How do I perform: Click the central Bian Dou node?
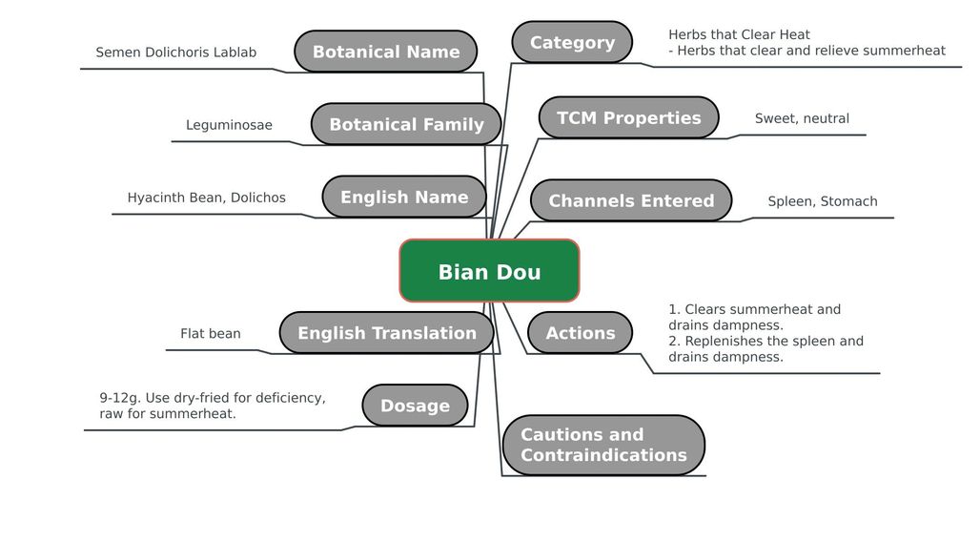click(x=489, y=271)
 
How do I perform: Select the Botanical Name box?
click(x=385, y=52)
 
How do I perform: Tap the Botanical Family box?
click(x=406, y=124)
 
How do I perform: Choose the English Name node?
click(x=404, y=197)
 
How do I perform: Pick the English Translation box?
click(x=386, y=332)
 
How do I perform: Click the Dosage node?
click(x=415, y=406)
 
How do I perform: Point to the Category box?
click(x=572, y=42)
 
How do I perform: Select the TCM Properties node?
click(x=628, y=117)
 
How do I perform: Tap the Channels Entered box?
click(x=631, y=200)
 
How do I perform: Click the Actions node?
click(x=580, y=332)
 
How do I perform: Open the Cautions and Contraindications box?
click(x=603, y=445)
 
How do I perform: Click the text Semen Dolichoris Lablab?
click(x=176, y=52)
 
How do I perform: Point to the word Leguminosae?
click(x=229, y=125)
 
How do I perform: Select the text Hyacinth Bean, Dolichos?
click(x=206, y=198)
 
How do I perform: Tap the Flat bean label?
click(x=211, y=334)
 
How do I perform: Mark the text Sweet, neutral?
click(x=802, y=118)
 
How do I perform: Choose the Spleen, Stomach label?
click(x=822, y=201)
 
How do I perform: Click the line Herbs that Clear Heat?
click(x=739, y=35)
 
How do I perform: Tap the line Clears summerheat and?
click(x=754, y=309)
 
